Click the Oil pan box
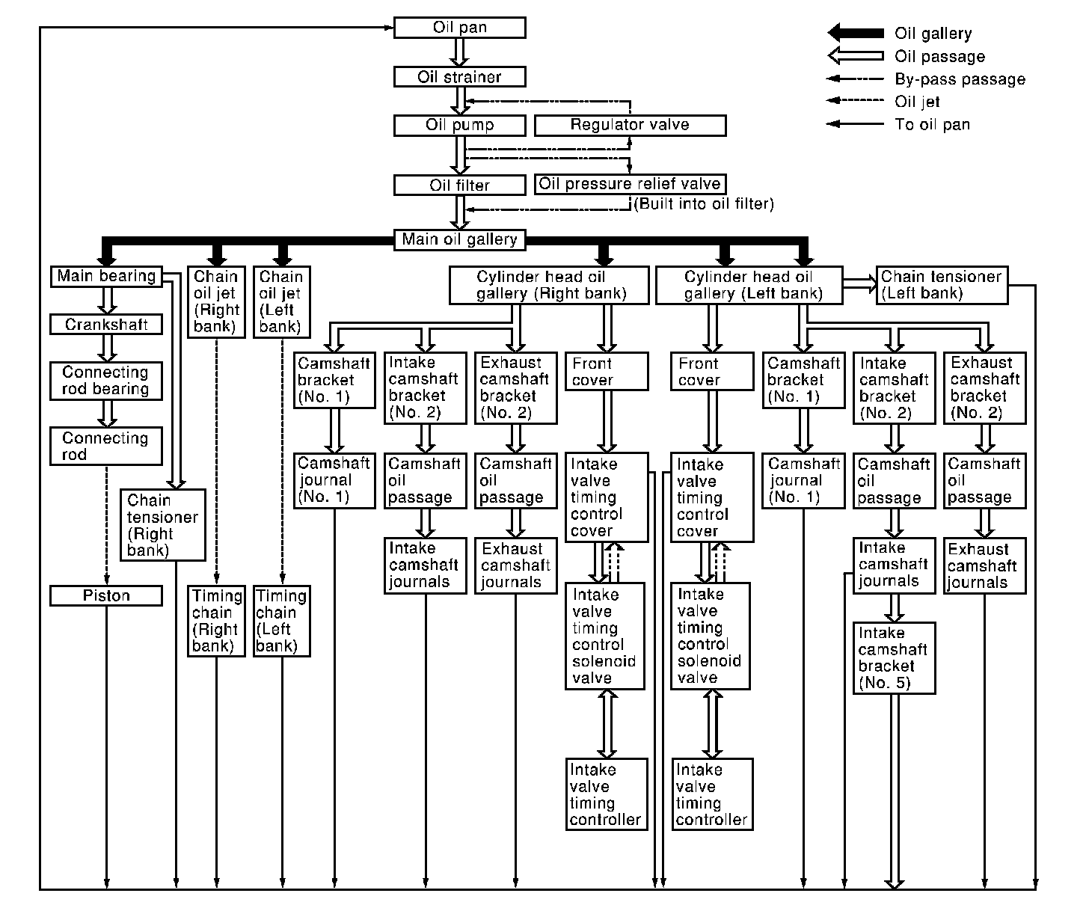(x=459, y=28)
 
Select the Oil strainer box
(x=459, y=76)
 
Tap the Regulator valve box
(x=630, y=125)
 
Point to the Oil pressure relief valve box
(x=630, y=184)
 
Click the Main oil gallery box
(x=459, y=240)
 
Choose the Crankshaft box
(x=106, y=325)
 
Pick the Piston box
(x=106, y=596)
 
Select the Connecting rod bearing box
(x=106, y=381)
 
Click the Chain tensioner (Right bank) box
(x=162, y=525)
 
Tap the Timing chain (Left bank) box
(x=282, y=622)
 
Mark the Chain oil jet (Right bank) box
(x=216, y=302)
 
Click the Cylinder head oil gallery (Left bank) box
(x=749, y=286)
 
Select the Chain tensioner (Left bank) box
(x=942, y=285)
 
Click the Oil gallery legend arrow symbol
(x=856, y=33)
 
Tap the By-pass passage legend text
(x=960, y=79)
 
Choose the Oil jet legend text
(x=917, y=102)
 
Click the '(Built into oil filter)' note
(x=703, y=203)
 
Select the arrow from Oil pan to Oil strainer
(x=460, y=52)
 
